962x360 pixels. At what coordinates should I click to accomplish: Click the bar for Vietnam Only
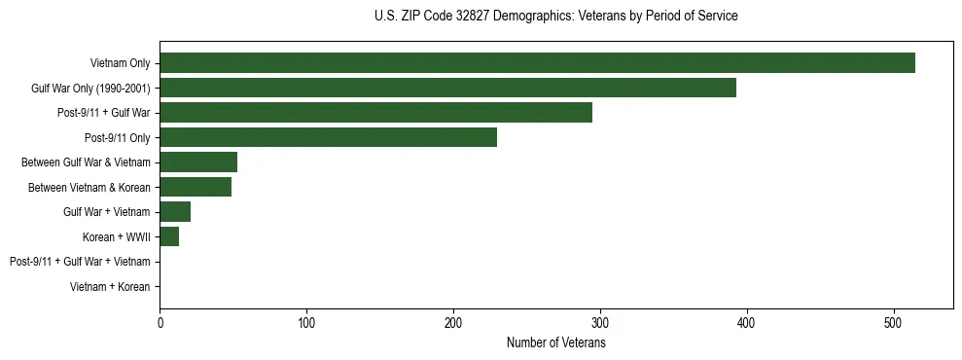(537, 63)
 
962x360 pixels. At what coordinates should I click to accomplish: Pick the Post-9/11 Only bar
(328, 137)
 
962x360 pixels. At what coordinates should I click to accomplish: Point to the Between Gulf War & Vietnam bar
(198, 162)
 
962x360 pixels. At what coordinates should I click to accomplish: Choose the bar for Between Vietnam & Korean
(196, 187)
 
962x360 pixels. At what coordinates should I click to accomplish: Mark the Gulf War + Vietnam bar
(175, 212)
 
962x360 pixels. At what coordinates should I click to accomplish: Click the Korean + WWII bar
(169, 236)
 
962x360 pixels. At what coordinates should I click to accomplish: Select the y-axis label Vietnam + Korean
(110, 287)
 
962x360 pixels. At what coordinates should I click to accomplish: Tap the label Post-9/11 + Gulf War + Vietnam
(80, 262)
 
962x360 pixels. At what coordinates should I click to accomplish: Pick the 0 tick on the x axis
(160, 322)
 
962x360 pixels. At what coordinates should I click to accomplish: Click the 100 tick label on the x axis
(306, 322)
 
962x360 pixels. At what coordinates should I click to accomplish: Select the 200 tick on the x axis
(453, 322)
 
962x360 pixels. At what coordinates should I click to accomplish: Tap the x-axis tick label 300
(600, 322)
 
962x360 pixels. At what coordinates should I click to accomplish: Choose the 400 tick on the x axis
(747, 322)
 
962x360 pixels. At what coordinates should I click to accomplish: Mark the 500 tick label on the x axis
(894, 322)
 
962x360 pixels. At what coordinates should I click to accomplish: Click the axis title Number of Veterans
(555, 342)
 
